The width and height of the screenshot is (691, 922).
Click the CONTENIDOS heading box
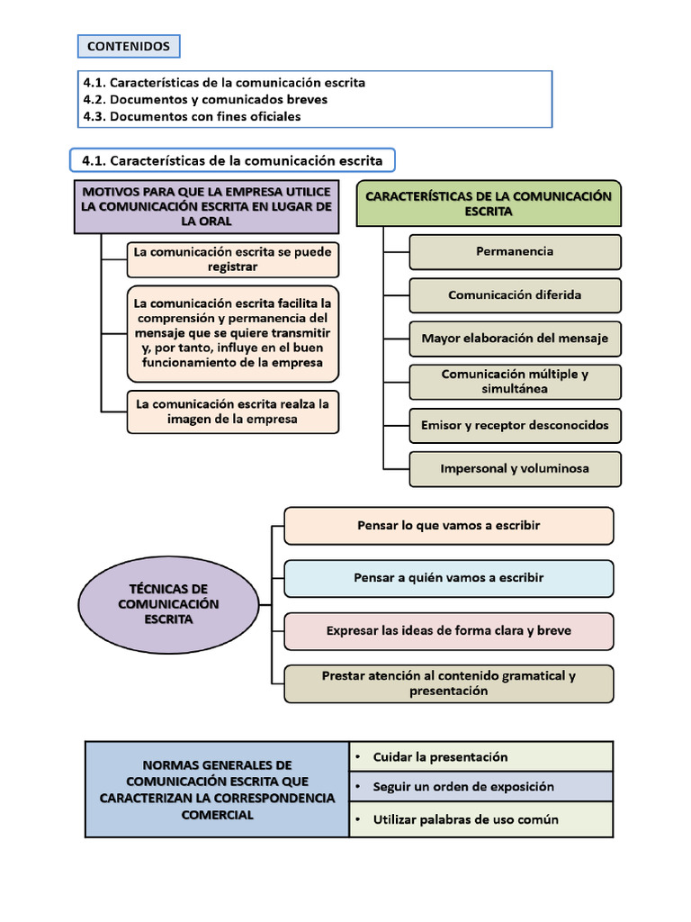[x=128, y=46]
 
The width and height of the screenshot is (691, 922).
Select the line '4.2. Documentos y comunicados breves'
[x=205, y=99]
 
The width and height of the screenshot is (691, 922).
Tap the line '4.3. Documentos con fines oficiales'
[x=192, y=116]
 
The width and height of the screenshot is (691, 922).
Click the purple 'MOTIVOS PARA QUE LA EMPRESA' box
[x=207, y=206]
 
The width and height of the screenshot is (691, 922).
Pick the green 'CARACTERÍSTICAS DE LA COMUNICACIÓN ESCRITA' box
[x=489, y=203]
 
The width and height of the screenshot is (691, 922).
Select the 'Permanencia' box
[x=515, y=252]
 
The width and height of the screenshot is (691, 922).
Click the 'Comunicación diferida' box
[x=515, y=295]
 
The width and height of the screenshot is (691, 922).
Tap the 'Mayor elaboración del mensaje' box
[x=515, y=339]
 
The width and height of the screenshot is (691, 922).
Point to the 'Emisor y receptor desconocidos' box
[x=515, y=425]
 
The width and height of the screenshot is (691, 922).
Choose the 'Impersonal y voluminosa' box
[x=515, y=469]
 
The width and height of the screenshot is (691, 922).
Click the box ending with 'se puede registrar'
[x=232, y=259]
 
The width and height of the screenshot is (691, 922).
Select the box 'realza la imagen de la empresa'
[x=232, y=411]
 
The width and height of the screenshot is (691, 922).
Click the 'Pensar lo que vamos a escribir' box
[x=448, y=526]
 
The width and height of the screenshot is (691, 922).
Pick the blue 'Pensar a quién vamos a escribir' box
[x=448, y=578]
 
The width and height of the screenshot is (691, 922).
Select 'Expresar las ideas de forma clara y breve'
[x=448, y=631]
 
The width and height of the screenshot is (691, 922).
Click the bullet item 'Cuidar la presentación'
[x=481, y=756]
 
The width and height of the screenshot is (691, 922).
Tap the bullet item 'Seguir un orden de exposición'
[x=481, y=787]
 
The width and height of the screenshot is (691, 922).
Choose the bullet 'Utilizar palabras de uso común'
[x=481, y=819]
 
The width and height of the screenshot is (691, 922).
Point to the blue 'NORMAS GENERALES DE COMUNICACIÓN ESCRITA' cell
[x=217, y=789]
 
